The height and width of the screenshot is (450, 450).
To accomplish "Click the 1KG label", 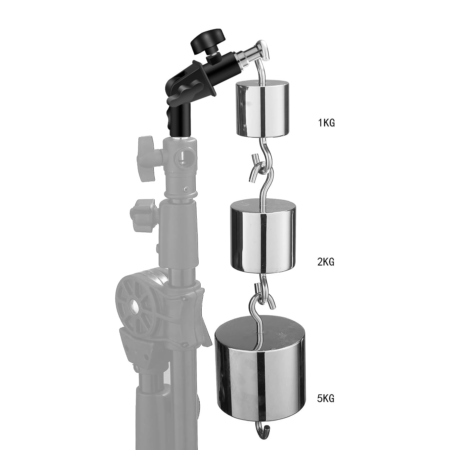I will [326, 123].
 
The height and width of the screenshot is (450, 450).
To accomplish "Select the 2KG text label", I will [326, 262].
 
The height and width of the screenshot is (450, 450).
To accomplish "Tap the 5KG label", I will [326, 399].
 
